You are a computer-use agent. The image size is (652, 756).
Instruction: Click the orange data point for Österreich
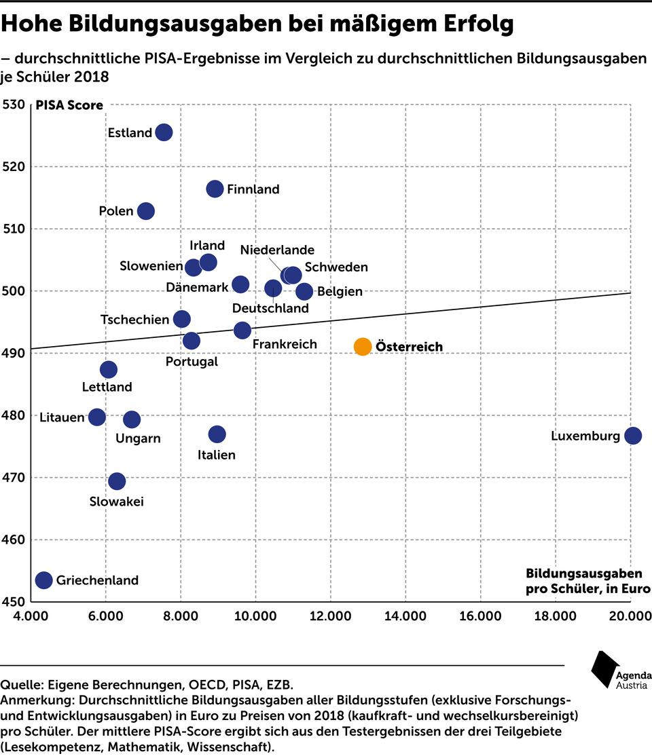click(x=363, y=346)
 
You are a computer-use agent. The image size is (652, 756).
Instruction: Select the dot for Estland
click(x=164, y=132)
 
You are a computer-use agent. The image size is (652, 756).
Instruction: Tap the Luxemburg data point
click(x=632, y=436)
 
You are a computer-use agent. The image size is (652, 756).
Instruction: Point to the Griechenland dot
click(x=44, y=580)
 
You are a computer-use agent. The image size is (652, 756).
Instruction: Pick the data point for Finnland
click(x=215, y=189)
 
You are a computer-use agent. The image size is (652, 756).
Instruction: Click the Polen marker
click(x=146, y=211)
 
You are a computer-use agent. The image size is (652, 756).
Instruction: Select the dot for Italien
click(x=217, y=434)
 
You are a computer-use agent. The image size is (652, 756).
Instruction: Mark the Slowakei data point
click(x=117, y=481)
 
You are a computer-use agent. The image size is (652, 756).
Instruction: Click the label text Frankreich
click(x=285, y=344)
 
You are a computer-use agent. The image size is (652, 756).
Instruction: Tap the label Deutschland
click(x=270, y=308)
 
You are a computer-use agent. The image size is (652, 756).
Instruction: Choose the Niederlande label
click(x=277, y=250)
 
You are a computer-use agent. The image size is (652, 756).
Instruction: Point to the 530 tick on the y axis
click(x=15, y=105)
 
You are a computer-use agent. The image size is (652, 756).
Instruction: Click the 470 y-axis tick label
click(x=15, y=478)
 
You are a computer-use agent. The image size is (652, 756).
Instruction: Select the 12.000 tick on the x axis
click(x=331, y=616)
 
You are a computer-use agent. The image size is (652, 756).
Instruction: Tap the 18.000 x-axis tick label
click(x=555, y=616)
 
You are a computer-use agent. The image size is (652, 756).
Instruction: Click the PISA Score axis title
click(x=69, y=105)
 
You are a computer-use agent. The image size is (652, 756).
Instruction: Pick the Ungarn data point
click(x=132, y=419)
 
